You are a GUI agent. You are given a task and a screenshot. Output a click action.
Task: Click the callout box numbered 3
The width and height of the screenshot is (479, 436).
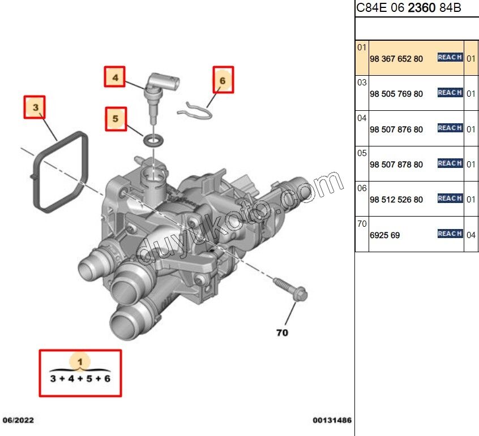[x=35, y=107]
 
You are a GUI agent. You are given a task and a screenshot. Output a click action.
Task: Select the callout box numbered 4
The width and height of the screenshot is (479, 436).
[x=115, y=77]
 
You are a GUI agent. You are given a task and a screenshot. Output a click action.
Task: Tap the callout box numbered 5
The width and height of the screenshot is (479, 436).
[x=116, y=119]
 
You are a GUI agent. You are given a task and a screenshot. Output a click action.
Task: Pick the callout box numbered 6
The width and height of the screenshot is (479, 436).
[x=223, y=80]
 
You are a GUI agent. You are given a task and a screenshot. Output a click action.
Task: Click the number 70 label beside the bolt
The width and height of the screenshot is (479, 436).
[x=281, y=333]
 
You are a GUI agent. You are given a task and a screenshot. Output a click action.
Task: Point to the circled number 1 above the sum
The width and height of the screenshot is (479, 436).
[x=80, y=361]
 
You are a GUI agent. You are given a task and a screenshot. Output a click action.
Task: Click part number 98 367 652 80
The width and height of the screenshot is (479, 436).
[x=396, y=59]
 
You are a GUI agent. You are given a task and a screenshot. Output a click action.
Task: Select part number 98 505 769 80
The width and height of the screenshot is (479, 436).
[x=396, y=94]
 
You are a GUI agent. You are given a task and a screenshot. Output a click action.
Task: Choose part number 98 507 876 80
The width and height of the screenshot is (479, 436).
[x=396, y=129]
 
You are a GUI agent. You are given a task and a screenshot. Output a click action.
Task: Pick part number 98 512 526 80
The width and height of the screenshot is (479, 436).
[x=396, y=200]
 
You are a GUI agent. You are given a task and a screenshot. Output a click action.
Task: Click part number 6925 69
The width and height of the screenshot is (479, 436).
[x=384, y=235]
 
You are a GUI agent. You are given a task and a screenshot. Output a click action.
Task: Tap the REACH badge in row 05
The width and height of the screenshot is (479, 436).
[x=450, y=163]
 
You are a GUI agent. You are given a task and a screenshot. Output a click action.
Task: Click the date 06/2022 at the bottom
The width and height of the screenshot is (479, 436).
[x=19, y=420]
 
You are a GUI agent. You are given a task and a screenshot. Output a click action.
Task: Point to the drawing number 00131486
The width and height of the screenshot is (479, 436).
[x=332, y=420]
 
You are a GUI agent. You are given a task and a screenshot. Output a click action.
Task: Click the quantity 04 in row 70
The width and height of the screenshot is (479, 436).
[x=471, y=235]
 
